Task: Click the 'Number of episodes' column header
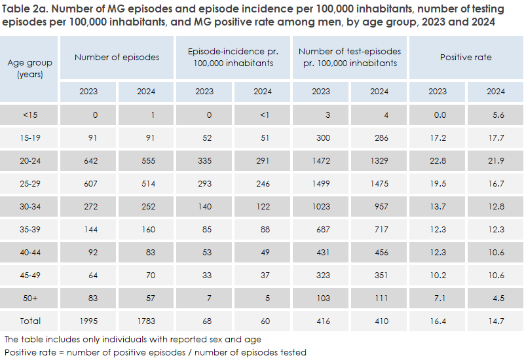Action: point(117,58)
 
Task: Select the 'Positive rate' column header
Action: point(466,58)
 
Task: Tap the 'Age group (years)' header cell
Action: point(30,68)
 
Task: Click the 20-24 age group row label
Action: point(30,161)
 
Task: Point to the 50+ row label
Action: point(30,298)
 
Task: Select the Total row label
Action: point(30,321)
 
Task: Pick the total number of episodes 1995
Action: point(87,321)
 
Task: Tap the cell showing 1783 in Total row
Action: point(145,321)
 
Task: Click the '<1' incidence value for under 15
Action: point(263,115)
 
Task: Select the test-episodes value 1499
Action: point(321,184)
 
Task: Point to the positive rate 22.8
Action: point(438,161)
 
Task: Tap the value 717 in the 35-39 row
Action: point(379,230)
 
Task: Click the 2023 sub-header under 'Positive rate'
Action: point(438,92)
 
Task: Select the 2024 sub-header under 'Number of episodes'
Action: point(145,92)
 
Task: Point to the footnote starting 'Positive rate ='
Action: point(155,352)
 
